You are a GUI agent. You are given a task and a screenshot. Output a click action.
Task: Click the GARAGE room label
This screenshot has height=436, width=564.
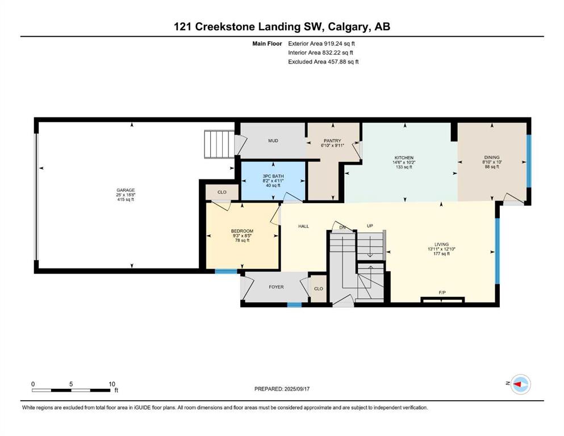coord(126,190)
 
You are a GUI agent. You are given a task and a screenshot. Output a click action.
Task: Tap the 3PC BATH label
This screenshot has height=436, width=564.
coord(273,176)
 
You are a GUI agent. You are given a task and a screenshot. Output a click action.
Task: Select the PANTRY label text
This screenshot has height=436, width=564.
coord(332,141)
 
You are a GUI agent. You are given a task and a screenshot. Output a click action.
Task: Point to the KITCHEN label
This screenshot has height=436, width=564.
coord(404,158)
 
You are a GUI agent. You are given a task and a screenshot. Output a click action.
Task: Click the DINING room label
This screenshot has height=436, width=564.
coord(492,157)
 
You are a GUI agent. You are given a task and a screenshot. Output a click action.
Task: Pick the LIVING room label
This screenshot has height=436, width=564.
coord(441,245)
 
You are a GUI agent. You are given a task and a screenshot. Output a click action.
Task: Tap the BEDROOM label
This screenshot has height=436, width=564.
coord(242,231)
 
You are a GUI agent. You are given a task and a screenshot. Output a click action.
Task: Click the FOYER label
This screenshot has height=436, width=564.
coord(276,287)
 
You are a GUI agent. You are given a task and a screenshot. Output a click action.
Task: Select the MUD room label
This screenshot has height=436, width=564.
coord(273,141)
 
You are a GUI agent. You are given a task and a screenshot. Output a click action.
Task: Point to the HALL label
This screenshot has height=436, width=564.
coord(303,227)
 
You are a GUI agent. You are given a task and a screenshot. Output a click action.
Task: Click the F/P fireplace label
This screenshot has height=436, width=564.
coord(442,292)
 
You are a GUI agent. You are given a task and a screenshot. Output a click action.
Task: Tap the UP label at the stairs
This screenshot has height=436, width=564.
coord(370,226)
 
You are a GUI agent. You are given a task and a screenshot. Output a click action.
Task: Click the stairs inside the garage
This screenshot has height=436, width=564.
coord(219,144)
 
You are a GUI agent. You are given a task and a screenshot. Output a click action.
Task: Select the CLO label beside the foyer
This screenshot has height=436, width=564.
coord(318,288)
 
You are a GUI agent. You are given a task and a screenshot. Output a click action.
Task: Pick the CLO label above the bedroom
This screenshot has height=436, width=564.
coord(222,192)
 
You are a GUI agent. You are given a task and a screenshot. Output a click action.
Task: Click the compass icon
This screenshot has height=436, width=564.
coord(521,384)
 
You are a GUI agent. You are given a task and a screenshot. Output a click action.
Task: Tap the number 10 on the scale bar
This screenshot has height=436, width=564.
coord(112,384)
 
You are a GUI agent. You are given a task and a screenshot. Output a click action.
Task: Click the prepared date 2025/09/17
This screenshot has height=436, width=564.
coord(296,389)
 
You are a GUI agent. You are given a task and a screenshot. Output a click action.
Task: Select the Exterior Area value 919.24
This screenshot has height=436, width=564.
coord(334,44)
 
